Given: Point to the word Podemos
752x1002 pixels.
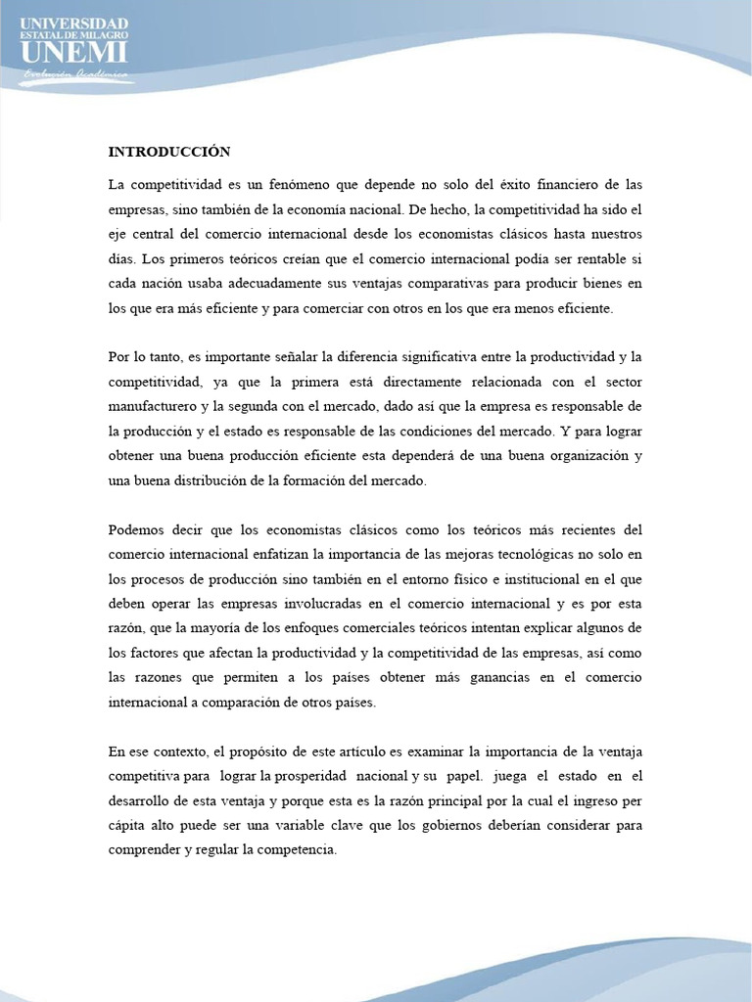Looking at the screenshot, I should point(137,530).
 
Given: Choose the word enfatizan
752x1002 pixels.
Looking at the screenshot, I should point(287,555).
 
